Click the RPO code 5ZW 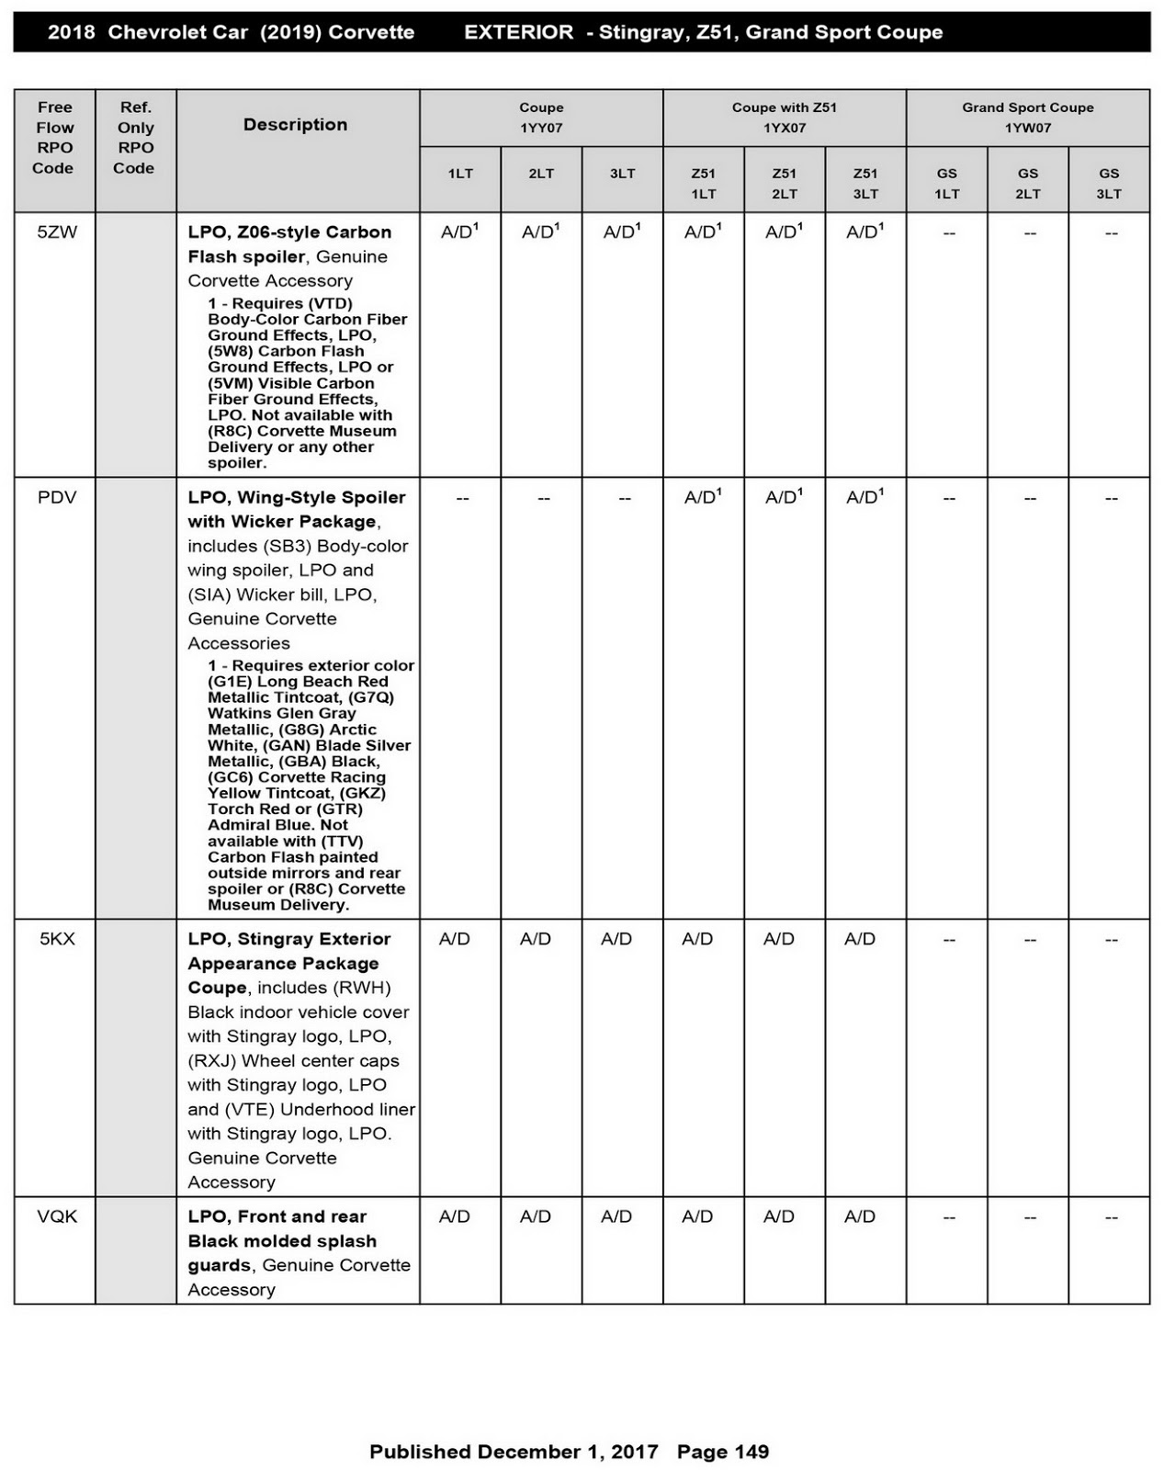click(x=57, y=232)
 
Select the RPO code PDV click(x=57, y=498)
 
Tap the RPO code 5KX click(x=57, y=939)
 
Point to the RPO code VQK click(x=57, y=1216)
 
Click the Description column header click(x=295, y=125)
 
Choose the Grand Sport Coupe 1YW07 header click(x=1027, y=118)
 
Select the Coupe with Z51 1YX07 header click(x=784, y=118)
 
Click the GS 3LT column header click(x=1108, y=183)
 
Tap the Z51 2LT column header click(x=784, y=183)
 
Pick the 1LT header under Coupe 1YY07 click(x=460, y=174)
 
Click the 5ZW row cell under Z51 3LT click(x=865, y=232)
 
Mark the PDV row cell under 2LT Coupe click(x=543, y=499)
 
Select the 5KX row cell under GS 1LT click(x=948, y=940)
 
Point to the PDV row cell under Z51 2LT click(x=784, y=498)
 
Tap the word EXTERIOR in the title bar click(x=518, y=32)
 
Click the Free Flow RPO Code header click(x=54, y=138)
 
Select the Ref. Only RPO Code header click(x=135, y=138)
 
